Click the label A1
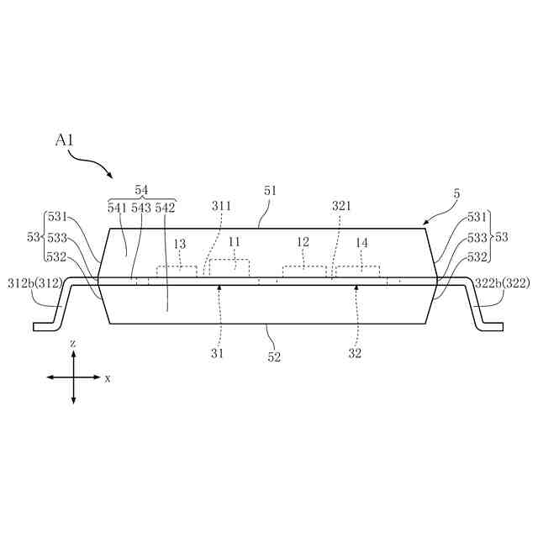[65, 140]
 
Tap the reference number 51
[270, 192]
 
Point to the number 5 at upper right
[456, 193]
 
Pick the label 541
[118, 207]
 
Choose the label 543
[141, 207]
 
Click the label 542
[166, 207]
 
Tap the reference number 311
[221, 205]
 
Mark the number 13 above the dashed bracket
[179, 244]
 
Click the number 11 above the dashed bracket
[234, 242]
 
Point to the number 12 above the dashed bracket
[303, 242]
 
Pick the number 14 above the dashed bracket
[361, 242]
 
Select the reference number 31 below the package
[218, 354]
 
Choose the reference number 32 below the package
[355, 354]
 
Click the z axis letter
[74, 345]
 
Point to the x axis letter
[108, 378]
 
